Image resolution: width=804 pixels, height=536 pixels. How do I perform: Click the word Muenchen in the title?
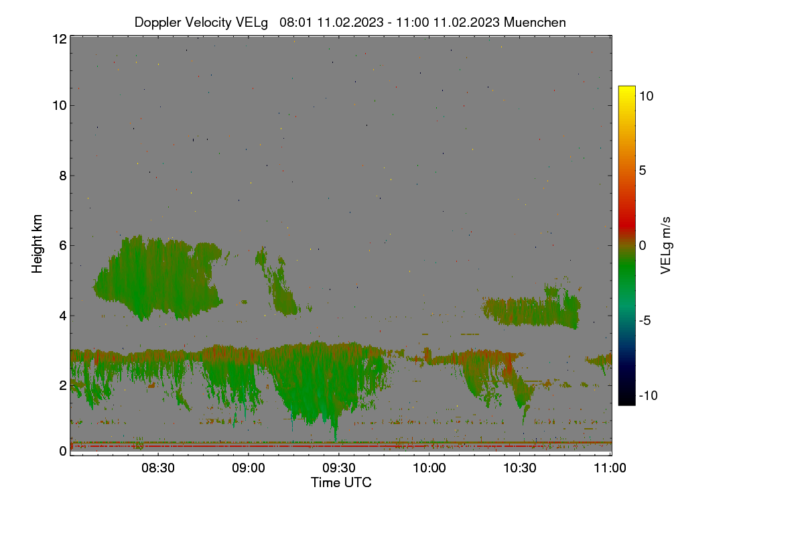(535, 22)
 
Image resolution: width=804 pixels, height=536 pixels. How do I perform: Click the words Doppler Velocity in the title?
(183, 22)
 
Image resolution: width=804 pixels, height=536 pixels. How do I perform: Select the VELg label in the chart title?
(252, 22)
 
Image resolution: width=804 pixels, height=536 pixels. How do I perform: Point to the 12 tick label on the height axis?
(60, 39)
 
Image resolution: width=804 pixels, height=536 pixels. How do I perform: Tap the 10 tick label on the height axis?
(60, 106)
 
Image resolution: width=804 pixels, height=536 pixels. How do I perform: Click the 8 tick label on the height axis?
(63, 176)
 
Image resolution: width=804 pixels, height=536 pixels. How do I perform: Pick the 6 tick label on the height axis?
(63, 246)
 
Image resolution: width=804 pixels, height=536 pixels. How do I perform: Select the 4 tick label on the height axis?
(63, 316)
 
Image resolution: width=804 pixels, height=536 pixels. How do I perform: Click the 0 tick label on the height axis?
(63, 451)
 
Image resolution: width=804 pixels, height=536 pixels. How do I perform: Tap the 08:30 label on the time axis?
(158, 468)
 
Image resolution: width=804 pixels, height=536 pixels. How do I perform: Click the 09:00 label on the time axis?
(249, 468)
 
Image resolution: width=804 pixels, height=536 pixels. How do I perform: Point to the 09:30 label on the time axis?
(339, 468)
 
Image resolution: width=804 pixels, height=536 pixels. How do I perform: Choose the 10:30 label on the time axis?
(520, 468)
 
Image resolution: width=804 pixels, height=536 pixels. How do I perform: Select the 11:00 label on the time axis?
(610, 468)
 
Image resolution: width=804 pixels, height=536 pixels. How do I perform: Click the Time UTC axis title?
(341, 482)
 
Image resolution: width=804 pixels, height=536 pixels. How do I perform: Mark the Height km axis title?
(37, 244)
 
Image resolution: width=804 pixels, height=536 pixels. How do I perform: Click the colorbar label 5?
(643, 171)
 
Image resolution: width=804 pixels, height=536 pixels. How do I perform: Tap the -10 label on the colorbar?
(649, 395)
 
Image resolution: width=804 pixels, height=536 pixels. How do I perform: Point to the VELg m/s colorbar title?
(665, 246)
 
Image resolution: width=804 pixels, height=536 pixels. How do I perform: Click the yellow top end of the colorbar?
(626, 88)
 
